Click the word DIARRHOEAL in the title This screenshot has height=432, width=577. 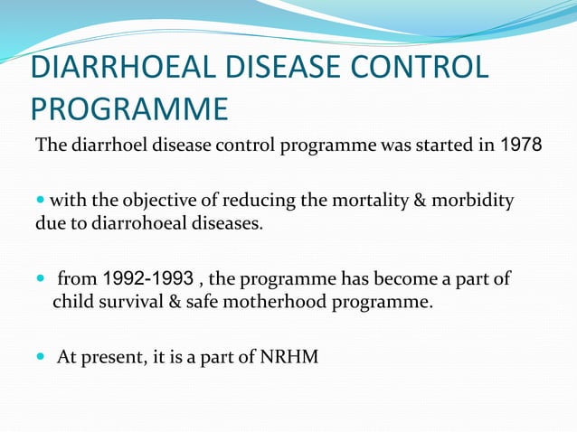123,67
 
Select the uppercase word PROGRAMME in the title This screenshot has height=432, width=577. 129,108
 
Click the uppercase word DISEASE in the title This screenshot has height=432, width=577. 282,67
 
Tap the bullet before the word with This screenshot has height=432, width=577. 41,200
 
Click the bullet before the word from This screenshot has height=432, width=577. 41,278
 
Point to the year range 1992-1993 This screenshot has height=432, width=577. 148,278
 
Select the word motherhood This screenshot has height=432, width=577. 275,302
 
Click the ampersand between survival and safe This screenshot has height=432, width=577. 175,302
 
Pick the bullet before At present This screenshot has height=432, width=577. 41,356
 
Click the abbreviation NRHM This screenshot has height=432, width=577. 289,357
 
